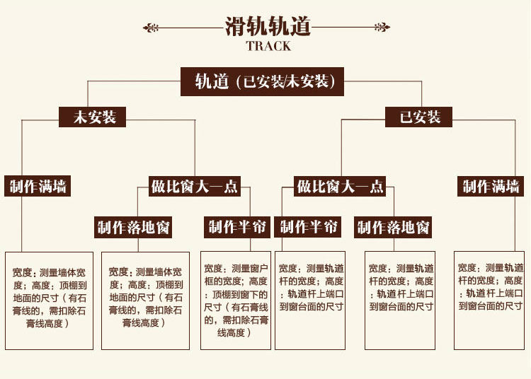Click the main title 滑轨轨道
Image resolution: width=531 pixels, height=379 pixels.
268,27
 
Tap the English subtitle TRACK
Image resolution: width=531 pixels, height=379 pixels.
268,47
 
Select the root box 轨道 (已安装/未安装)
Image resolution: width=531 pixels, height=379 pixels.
262,81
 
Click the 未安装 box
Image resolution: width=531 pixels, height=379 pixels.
91,117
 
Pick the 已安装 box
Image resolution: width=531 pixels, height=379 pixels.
421,117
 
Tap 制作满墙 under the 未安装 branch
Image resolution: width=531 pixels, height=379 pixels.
39,187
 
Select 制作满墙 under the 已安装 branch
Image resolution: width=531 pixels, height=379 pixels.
491,187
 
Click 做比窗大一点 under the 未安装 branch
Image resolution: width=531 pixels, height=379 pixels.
195,187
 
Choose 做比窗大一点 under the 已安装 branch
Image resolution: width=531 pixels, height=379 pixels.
340,187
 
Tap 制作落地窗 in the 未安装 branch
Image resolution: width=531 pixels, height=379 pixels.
134,228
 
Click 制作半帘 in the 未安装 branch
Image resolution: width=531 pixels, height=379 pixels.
237,227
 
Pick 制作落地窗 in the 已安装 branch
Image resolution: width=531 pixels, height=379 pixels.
394,228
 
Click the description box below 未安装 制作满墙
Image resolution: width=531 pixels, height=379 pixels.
49,300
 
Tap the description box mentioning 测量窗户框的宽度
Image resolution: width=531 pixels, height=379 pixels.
236,300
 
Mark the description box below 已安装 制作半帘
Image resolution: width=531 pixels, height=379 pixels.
309,300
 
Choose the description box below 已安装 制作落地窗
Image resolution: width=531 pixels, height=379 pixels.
400,300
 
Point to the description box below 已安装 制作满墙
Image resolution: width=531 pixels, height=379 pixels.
489,300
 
